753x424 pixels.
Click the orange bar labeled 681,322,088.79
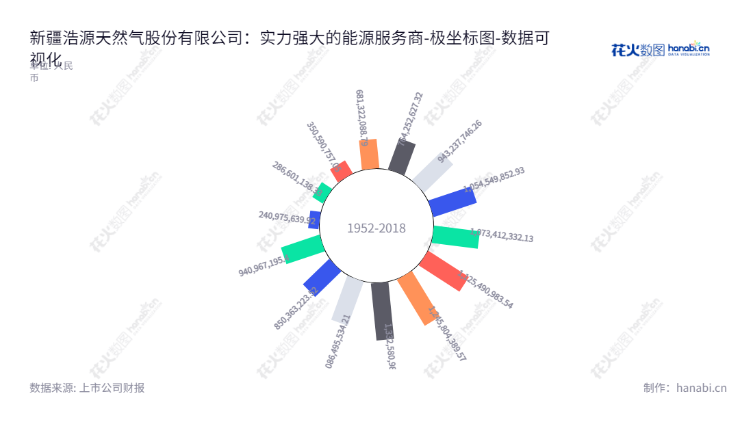coord(370,154)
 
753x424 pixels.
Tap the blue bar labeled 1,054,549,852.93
coord(452,200)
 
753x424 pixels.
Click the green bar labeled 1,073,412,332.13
coord(455,235)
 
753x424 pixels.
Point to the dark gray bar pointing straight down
coord(382,311)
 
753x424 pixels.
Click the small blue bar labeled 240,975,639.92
coord(315,220)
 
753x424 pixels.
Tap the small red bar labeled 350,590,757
coord(341,170)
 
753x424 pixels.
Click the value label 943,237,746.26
coord(460,142)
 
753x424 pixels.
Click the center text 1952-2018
coord(376,228)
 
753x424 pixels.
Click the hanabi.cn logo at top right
coord(661,49)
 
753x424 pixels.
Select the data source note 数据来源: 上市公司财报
coord(87,388)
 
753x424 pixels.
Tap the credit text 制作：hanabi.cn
coord(685,388)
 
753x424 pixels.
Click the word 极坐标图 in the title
coord(465,38)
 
